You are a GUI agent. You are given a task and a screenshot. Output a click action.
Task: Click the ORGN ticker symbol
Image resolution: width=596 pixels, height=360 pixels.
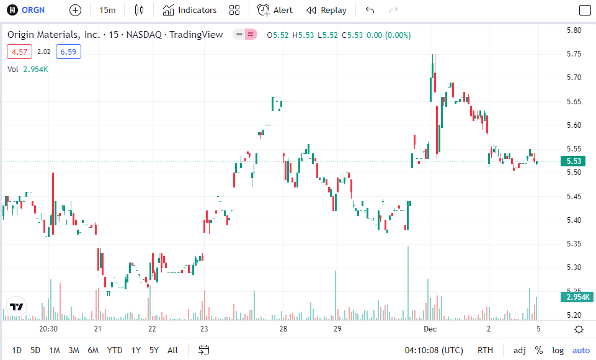click(x=33, y=10)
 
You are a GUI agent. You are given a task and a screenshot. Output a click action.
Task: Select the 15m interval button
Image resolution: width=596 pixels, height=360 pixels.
click(x=107, y=10)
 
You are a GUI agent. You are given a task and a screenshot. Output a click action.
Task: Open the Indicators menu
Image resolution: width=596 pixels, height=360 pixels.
click(x=190, y=10)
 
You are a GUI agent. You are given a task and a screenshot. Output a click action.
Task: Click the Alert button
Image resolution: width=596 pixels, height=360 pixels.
click(x=275, y=10)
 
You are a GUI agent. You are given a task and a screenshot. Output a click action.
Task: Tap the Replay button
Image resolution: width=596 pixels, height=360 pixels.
click(x=327, y=10)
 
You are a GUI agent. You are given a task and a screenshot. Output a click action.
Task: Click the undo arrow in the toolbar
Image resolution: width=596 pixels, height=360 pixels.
click(x=370, y=10)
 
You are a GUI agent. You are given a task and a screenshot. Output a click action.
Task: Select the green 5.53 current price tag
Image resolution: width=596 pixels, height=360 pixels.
click(x=574, y=161)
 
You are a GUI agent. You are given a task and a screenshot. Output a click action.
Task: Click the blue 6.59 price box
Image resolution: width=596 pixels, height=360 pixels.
click(x=68, y=52)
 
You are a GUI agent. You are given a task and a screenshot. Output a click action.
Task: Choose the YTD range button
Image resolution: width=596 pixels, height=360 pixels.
click(x=114, y=350)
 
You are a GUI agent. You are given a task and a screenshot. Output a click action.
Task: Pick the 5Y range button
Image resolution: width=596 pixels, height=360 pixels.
click(x=154, y=350)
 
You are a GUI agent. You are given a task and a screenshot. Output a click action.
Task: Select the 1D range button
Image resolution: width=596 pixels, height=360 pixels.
click(x=17, y=350)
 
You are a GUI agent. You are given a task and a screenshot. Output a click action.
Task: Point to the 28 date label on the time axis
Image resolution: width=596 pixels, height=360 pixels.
click(x=283, y=329)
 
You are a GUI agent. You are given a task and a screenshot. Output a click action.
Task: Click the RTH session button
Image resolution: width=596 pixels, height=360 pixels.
click(x=486, y=350)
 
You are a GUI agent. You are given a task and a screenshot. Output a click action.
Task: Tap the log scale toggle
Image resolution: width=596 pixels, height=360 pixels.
click(x=558, y=350)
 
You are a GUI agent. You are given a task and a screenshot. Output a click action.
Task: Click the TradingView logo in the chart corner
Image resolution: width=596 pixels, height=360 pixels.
click(x=16, y=307)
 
